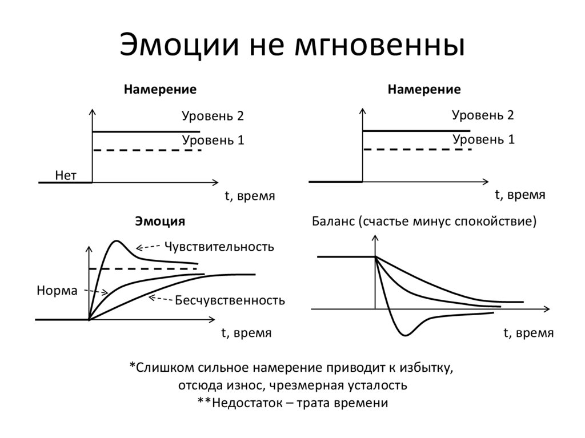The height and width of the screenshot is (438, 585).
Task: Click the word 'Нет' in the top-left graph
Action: tap(66, 175)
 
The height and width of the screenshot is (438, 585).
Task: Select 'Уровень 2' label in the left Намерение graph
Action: tap(213, 116)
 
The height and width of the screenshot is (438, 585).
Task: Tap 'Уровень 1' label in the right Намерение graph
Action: tap(483, 139)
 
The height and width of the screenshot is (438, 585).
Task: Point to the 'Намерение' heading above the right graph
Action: tap(424, 90)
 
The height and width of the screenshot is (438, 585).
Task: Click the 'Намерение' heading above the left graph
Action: tap(161, 90)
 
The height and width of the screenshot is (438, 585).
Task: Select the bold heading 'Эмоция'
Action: tap(160, 221)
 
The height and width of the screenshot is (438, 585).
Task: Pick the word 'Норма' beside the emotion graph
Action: tap(57, 290)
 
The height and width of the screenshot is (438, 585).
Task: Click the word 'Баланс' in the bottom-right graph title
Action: tap(332, 221)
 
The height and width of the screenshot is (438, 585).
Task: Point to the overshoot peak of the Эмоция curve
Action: tap(118, 241)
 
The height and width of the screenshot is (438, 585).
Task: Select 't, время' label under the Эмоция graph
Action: tap(246, 333)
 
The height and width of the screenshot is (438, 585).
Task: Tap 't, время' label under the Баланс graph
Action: tap(528, 333)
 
